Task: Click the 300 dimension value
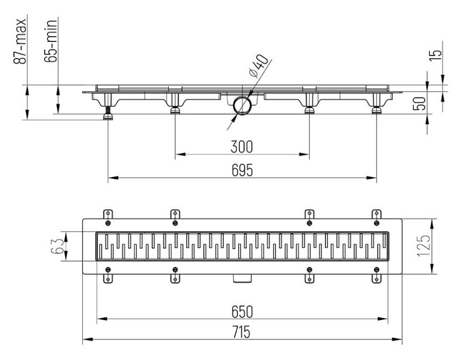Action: pyautogui.click(x=242, y=146)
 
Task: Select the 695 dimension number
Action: pyautogui.click(x=242, y=170)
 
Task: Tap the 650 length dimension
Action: pyautogui.click(x=242, y=312)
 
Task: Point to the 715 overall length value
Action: pyautogui.click(x=242, y=333)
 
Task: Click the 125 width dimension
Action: pyautogui.click(x=426, y=246)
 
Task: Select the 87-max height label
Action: pyautogui.click(x=20, y=41)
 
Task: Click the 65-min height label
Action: pyautogui.click(x=52, y=41)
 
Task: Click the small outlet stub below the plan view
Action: pyautogui.click(x=243, y=278)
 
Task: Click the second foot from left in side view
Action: pyautogui.click(x=175, y=110)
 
